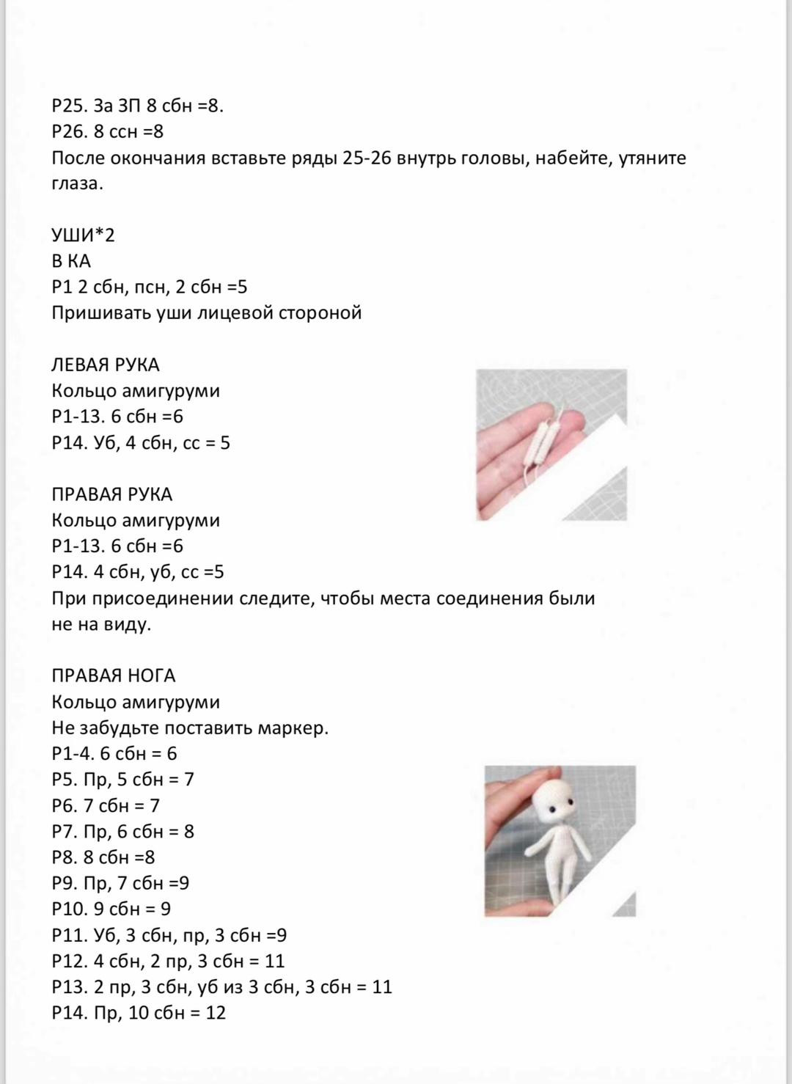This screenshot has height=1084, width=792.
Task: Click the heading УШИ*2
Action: click(x=84, y=235)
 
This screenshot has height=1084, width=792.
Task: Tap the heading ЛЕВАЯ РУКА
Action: click(x=106, y=365)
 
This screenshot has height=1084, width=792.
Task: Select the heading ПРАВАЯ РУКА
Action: click(x=111, y=495)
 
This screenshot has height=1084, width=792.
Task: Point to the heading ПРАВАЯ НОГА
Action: click(x=114, y=676)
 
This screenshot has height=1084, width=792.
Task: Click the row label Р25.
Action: click(x=69, y=106)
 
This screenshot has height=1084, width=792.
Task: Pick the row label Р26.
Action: click(x=69, y=132)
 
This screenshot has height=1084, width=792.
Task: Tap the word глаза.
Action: click(x=77, y=184)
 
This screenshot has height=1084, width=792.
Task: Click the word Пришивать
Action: click(x=100, y=313)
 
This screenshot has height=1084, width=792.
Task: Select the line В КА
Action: click(x=71, y=261)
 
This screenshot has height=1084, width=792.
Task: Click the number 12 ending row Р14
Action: click(x=215, y=1014)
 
